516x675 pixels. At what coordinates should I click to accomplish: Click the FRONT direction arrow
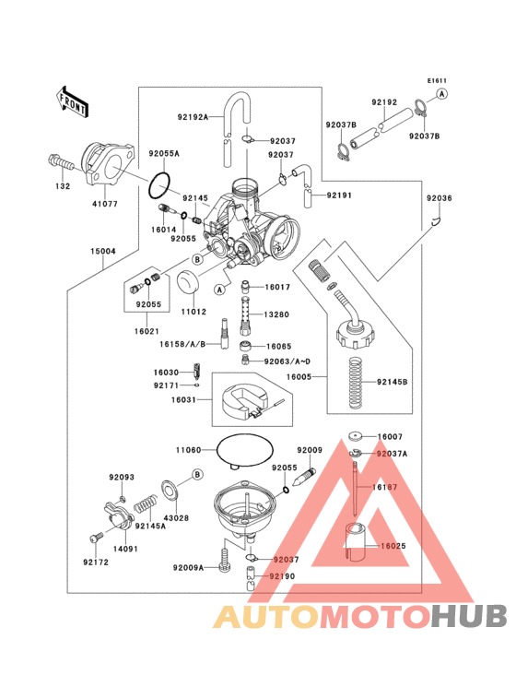(x=73, y=101)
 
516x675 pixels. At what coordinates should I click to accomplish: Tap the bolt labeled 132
(x=59, y=166)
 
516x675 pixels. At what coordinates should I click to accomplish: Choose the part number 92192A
(x=193, y=117)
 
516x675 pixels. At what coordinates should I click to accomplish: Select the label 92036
(x=439, y=198)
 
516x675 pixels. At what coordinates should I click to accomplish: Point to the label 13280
(x=277, y=315)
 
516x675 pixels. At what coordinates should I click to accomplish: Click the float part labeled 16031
(x=240, y=398)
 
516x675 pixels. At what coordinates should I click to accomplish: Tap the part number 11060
(x=187, y=451)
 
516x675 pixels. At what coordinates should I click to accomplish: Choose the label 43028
(x=178, y=519)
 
